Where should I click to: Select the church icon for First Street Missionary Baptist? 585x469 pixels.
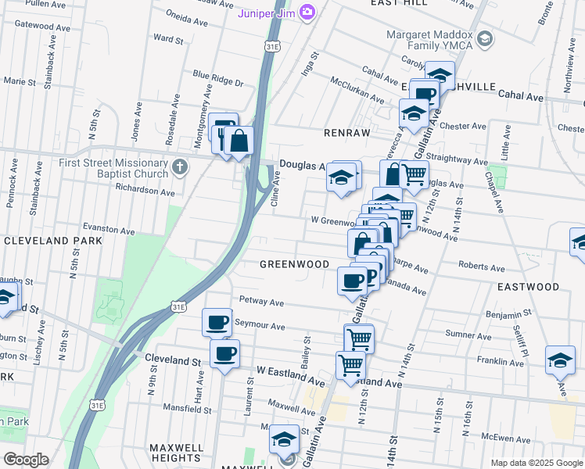(180, 166)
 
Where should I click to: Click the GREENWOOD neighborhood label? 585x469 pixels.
(295, 264)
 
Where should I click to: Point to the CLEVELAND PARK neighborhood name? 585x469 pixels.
(52, 241)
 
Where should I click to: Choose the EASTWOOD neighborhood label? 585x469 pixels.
(528, 287)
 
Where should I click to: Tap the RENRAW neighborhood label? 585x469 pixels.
(346, 133)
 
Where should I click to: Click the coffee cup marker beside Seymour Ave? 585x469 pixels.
(217, 321)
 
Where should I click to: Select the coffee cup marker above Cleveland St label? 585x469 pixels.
(224, 354)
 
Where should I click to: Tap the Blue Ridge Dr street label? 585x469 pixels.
(217, 83)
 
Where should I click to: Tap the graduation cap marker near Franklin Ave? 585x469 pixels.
(560, 359)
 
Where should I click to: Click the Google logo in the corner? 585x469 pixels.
(26, 460)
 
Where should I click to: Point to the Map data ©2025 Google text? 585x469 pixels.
(537, 463)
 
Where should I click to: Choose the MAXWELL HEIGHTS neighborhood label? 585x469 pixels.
(177, 452)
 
